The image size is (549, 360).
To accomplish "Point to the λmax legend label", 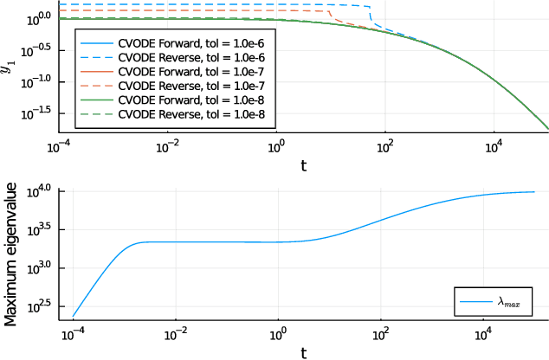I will coord(511,301).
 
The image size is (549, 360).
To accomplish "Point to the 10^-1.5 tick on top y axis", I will coord(38,112).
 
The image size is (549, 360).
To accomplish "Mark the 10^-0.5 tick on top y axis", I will coord(38,48).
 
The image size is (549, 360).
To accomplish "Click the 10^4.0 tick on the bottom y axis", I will coord(40,190).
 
